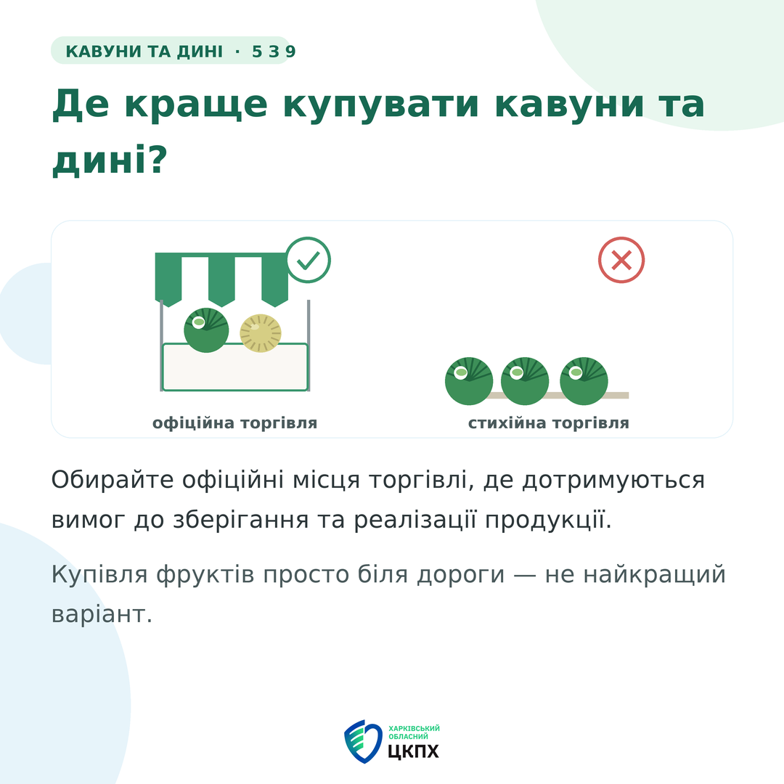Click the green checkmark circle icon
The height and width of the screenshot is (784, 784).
tap(309, 260)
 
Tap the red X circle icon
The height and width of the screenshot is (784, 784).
tap(621, 260)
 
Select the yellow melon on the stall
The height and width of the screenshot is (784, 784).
tap(261, 333)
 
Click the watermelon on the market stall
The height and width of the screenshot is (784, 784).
tap(206, 330)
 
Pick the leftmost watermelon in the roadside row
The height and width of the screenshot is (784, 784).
tap(469, 381)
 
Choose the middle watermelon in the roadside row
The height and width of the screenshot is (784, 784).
tap(525, 381)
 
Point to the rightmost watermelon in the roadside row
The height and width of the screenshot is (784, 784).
tap(584, 381)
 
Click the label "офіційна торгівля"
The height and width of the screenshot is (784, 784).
tap(235, 423)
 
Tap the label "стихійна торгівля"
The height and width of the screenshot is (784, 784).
tap(549, 423)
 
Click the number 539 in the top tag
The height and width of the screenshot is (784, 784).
tap(274, 51)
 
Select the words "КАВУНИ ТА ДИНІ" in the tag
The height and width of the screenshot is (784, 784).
tap(144, 51)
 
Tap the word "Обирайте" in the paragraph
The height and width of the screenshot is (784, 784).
tap(113, 480)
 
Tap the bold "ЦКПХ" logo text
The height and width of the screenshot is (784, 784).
tap(414, 751)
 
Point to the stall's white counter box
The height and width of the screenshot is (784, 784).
tap(235, 367)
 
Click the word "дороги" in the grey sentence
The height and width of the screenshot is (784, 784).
tap(461, 575)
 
